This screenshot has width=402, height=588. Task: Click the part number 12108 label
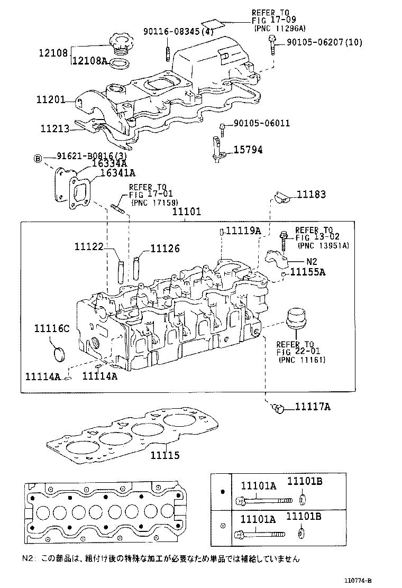pos(52,53)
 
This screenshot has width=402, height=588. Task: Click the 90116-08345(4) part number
pos(178,32)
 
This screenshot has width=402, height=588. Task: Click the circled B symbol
pos(38,158)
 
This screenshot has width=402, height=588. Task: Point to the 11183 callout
pos(310,195)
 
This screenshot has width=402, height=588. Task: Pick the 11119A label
pos(243,231)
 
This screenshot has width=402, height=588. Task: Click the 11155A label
pos(308,272)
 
